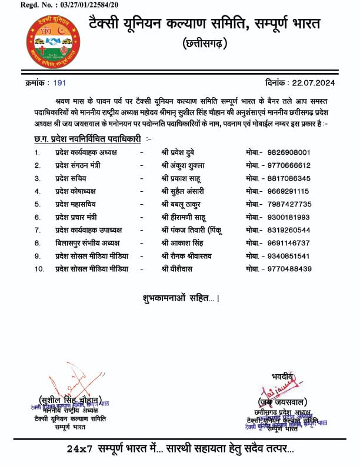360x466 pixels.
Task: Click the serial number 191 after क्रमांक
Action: tap(59, 84)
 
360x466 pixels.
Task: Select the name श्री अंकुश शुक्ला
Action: tap(185, 165)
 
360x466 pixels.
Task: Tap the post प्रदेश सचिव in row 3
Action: tap(72, 178)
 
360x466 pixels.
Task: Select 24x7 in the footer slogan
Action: tap(79, 448)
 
